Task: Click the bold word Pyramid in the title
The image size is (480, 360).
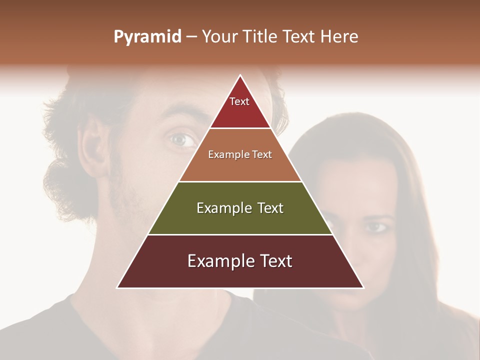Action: (x=147, y=37)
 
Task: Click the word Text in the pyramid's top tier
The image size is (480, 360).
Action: (x=239, y=101)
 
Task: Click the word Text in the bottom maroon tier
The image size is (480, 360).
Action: (x=272, y=261)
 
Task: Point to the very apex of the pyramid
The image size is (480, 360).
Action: (x=240, y=75)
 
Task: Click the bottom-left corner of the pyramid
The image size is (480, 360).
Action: (x=117, y=287)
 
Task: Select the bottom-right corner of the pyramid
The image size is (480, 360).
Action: (x=363, y=287)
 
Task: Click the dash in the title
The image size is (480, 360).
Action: (x=191, y=37)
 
